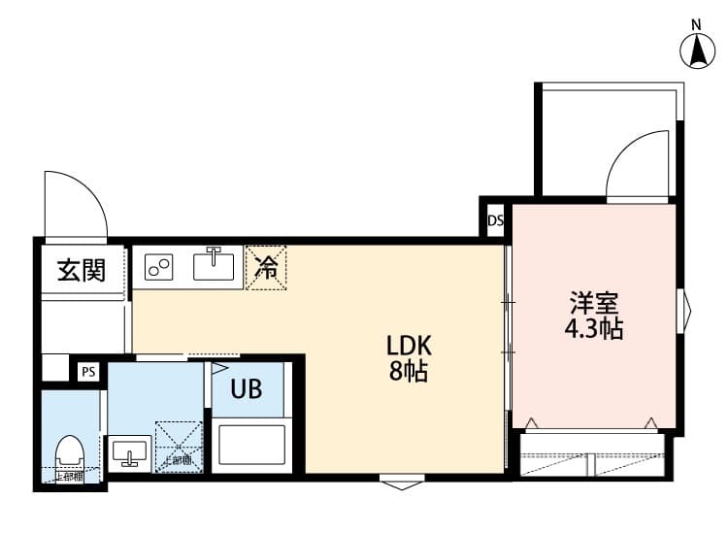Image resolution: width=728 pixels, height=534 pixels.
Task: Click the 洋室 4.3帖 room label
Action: point(594,315)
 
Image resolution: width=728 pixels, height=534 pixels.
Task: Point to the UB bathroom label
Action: point(246,389)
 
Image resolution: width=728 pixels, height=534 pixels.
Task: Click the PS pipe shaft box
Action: point(88,371)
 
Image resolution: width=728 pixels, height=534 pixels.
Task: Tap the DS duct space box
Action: point(495,220)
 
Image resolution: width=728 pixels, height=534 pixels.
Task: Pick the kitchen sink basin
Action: point(215,265)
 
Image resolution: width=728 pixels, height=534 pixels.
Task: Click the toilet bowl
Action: point(69,454)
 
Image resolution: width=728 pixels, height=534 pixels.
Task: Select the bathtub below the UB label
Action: point(251,444)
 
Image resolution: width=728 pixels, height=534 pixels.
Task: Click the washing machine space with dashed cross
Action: point(179,447)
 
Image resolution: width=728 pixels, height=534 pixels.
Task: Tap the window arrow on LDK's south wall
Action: point(400,481)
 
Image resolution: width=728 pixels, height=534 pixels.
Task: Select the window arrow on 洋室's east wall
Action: point(686,311)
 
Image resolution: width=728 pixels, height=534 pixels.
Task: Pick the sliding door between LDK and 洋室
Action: point(508,330)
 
